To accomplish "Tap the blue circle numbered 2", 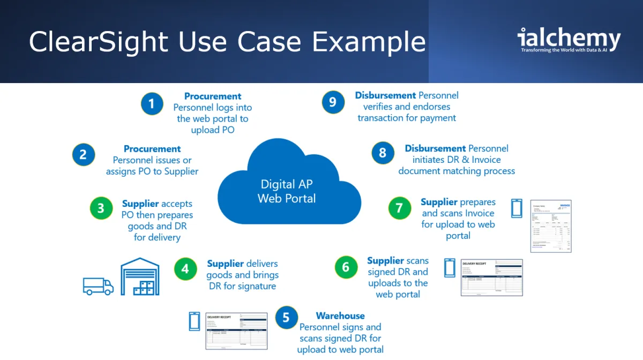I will coord(84,155).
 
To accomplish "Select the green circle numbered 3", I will coord(101,208).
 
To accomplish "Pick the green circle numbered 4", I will coord(185,269).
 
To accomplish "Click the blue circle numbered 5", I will coord(286,318).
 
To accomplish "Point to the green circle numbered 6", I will coord(346,267).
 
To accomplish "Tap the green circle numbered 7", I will coord(399,208).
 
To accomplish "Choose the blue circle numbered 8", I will coord(383,153).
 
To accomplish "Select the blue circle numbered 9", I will coord(333,102).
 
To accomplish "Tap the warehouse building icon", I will coord(140,277).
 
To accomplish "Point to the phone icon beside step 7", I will coord(517,208).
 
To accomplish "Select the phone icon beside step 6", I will coord(450,268).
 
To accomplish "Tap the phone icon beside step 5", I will coord(195,321).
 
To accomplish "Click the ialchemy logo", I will coord(569,41).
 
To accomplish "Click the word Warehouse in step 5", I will coord(340,316).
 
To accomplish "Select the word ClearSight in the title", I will coord(99,42).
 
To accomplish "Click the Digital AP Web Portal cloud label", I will coord(287,191).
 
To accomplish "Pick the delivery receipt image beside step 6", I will coord(491,277).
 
